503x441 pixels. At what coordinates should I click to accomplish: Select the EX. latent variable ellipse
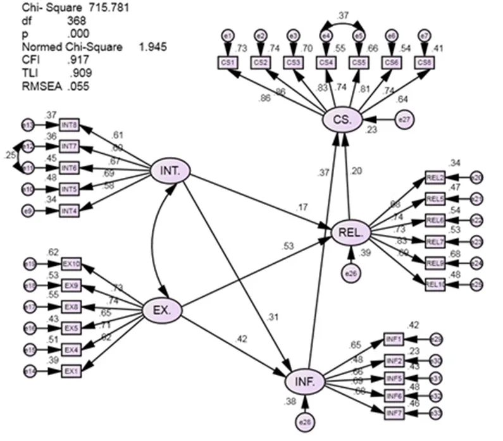[166, 309]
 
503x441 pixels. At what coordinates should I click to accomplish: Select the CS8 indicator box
[424, 62]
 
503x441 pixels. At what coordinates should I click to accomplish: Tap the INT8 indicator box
[69, 125]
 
